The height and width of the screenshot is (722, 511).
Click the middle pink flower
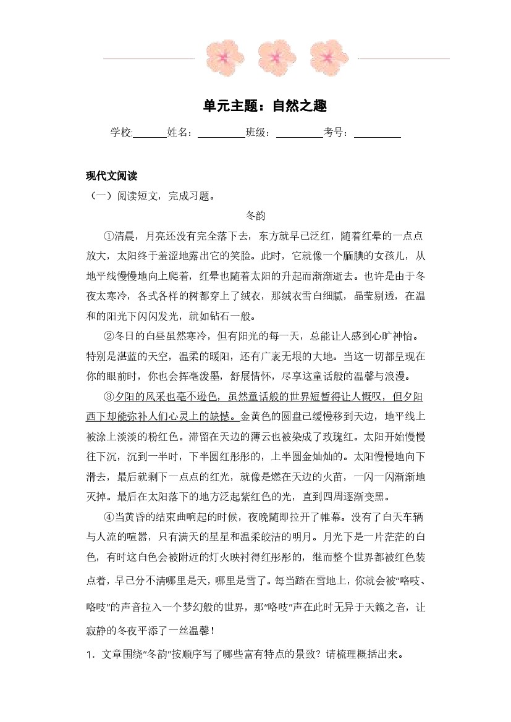[276, 57]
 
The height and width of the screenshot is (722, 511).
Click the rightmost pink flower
[328, 57]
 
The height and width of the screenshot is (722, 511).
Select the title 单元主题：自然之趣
[255, 106]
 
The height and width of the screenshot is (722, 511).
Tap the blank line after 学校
[150, 135]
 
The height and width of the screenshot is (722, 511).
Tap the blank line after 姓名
[221, 135]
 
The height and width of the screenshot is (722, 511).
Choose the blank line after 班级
[299, 135]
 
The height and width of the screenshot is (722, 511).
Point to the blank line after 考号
[378, 135]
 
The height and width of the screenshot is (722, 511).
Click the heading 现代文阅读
[111, 176]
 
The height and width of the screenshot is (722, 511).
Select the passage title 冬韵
[255, 216]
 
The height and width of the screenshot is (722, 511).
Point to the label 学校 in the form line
[121, 132]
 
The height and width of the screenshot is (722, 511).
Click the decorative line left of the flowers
[148, 59]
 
